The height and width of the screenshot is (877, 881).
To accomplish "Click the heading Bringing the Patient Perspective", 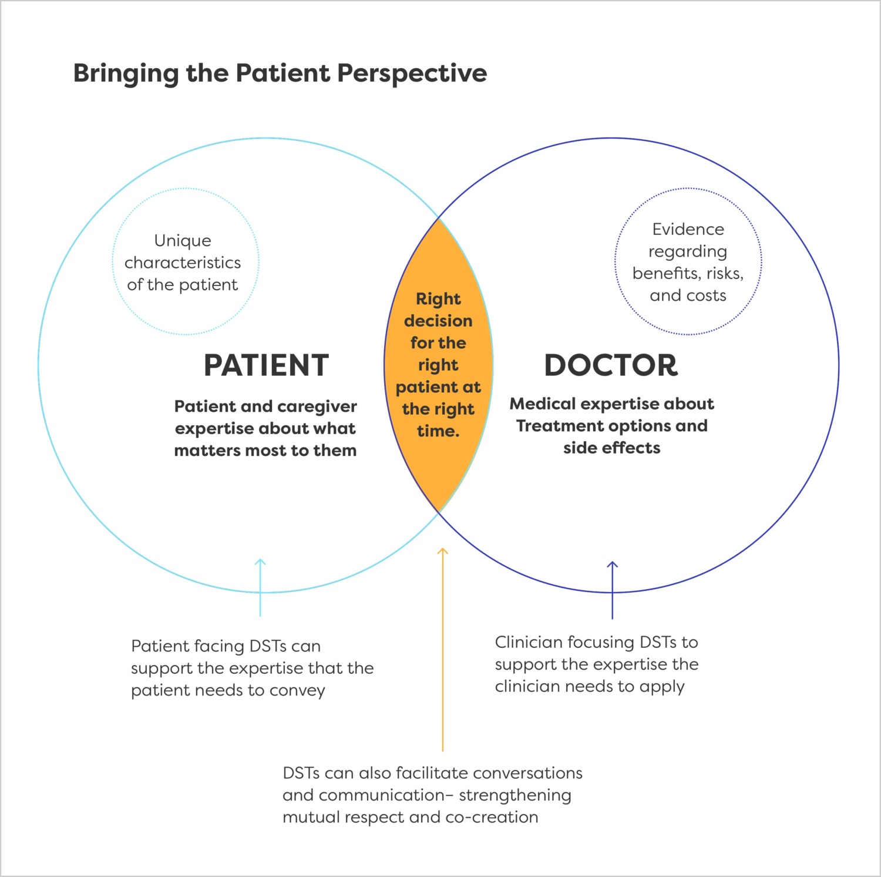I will [280, 73].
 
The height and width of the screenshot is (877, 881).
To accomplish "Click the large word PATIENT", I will [266, 365].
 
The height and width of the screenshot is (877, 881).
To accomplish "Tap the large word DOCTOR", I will [611, 365].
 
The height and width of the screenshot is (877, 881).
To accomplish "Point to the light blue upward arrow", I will [260, 587].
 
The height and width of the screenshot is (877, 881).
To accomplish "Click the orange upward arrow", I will [443, 646].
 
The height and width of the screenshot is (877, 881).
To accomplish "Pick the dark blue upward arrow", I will [612, 590].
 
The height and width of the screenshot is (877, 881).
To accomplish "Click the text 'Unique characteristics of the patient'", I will [183, 263].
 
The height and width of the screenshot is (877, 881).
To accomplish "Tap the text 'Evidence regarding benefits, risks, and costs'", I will [688, 262].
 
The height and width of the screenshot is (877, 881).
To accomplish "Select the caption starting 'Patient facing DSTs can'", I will [252, 668].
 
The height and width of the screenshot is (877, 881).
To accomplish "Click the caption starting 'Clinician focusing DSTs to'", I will [597, 664].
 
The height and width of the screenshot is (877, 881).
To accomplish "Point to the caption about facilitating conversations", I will [432, 795].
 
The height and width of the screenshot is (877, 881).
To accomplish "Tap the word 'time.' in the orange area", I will [438, 431].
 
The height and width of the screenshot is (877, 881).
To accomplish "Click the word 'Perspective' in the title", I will [412, 73].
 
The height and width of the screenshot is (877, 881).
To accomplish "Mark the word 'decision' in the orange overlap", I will [438, 321].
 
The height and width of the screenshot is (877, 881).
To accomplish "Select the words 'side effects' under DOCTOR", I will [612, 448].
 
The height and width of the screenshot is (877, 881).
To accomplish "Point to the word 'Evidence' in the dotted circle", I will [688, 229].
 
